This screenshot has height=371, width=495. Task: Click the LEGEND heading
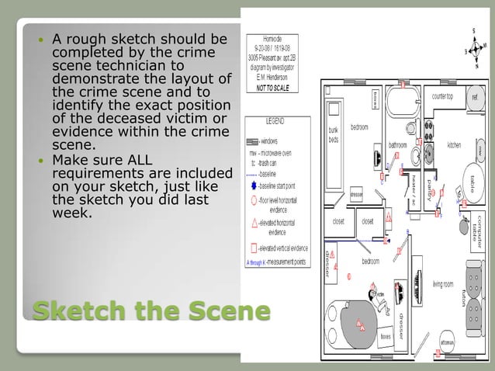[276, 122]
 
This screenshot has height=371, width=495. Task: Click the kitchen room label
[454, 145]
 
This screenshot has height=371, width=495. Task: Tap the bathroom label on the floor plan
[398, 144]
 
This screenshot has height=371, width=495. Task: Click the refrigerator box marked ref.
[473, 98]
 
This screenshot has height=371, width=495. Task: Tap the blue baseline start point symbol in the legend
[251, 187]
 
